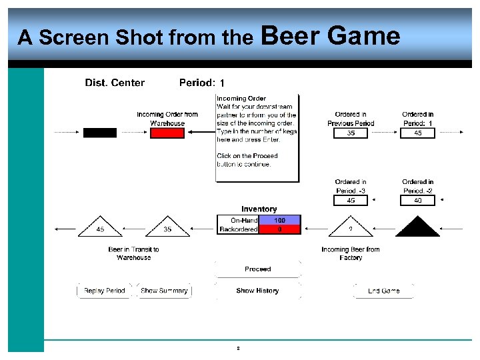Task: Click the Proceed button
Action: coord(257,269)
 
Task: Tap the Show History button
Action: coord(257,291)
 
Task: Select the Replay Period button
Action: coord(105,291)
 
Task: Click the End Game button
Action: coord(383,291)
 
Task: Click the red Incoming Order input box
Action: coord(167,133)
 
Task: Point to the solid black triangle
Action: coord(417,228)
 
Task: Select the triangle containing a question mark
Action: coord(351,228)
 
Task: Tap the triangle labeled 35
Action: coord(167,228)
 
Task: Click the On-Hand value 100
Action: coord(280,220)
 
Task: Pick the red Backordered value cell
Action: coord(280,229)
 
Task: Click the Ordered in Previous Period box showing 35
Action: coord(351,133)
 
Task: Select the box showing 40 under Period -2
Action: coord(418,200)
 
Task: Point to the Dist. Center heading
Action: coord(115,83)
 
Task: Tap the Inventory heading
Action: coord(259,209)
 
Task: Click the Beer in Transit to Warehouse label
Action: coord(134,253)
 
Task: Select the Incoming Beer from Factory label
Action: coord(351,253)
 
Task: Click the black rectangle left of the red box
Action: coord(99,133)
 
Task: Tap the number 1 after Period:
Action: coord(222,83)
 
